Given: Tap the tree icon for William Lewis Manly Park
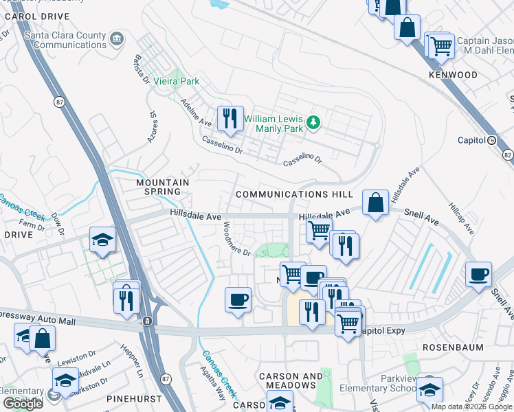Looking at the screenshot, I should tap(314, 122).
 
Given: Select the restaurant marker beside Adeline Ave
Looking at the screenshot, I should tap(230, 118).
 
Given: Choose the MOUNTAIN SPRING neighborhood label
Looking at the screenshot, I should tap(162, 187).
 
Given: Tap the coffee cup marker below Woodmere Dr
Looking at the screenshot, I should tap(238, 300).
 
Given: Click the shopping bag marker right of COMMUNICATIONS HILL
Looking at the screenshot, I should tap(375, 203).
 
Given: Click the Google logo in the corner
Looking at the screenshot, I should tap(23, 404).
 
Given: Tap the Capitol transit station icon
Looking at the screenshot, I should tap(491, 140).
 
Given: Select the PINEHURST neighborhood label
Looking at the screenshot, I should tap(134, 398).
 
